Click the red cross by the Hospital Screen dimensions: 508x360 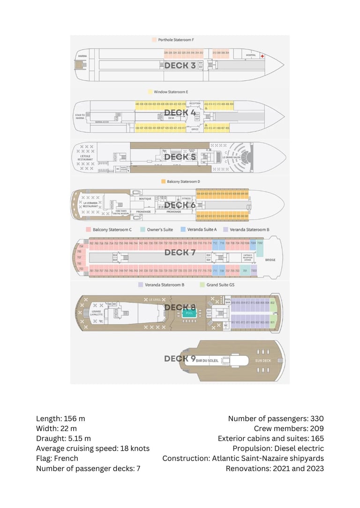coord(262,56)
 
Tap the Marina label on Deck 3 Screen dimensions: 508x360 coord(82,56)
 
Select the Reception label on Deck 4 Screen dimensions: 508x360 coord(195,103)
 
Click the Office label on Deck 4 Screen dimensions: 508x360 coord(195,129)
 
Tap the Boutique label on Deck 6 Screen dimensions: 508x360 coord(146,199)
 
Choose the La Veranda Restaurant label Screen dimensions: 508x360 coord(91,205)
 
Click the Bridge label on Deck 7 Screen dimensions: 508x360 coord(270,259)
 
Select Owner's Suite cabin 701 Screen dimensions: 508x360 coord(245,271)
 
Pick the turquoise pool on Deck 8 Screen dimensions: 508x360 coord(189,312)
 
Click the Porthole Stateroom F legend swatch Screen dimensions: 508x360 coord(154,40)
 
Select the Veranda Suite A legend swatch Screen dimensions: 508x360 coord(183,230)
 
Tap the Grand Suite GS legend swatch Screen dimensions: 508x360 coord(202,285)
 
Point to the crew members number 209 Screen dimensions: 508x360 coord(316,428)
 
